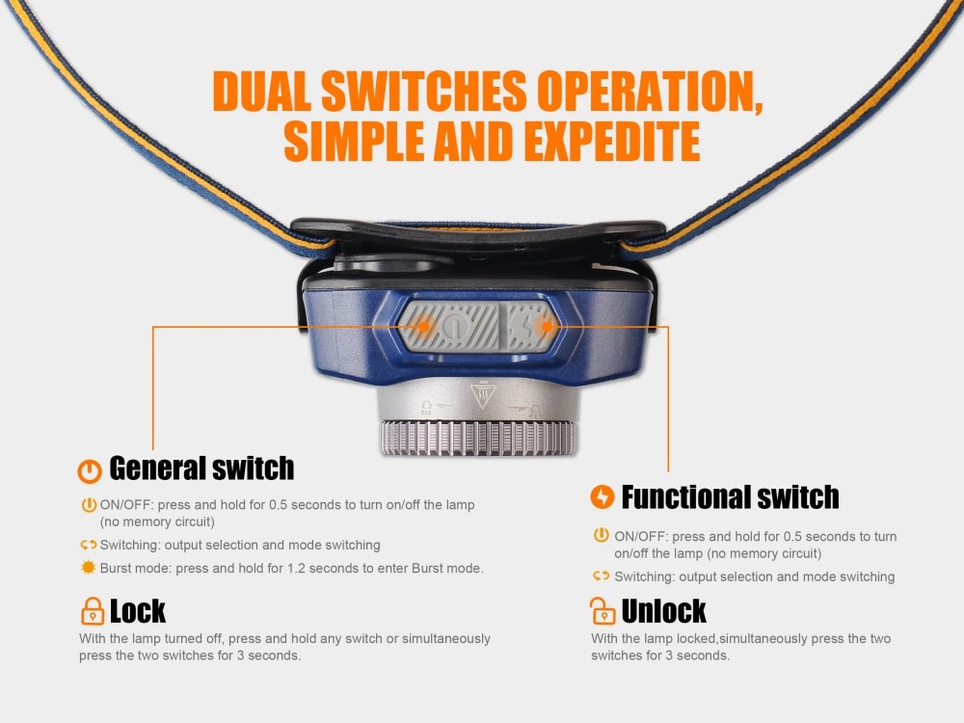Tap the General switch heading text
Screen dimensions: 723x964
point(201,469)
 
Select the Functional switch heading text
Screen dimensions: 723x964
point(730,497)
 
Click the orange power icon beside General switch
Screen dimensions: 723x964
point(89,470)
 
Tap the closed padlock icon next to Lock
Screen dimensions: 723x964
point(92,611)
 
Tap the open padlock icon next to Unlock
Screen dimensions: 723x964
point(602,611)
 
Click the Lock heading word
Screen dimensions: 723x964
point(138,611)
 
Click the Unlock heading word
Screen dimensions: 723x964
point(664,611)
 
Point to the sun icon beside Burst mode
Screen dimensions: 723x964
point(89,568)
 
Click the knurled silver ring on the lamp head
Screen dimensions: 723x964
point(477,439)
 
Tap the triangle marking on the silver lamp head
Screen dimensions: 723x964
point(480,396)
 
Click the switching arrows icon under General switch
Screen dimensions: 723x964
point(89,545)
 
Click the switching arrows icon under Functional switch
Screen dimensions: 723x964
point(601,576)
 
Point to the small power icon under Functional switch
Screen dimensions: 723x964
point(601,536)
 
